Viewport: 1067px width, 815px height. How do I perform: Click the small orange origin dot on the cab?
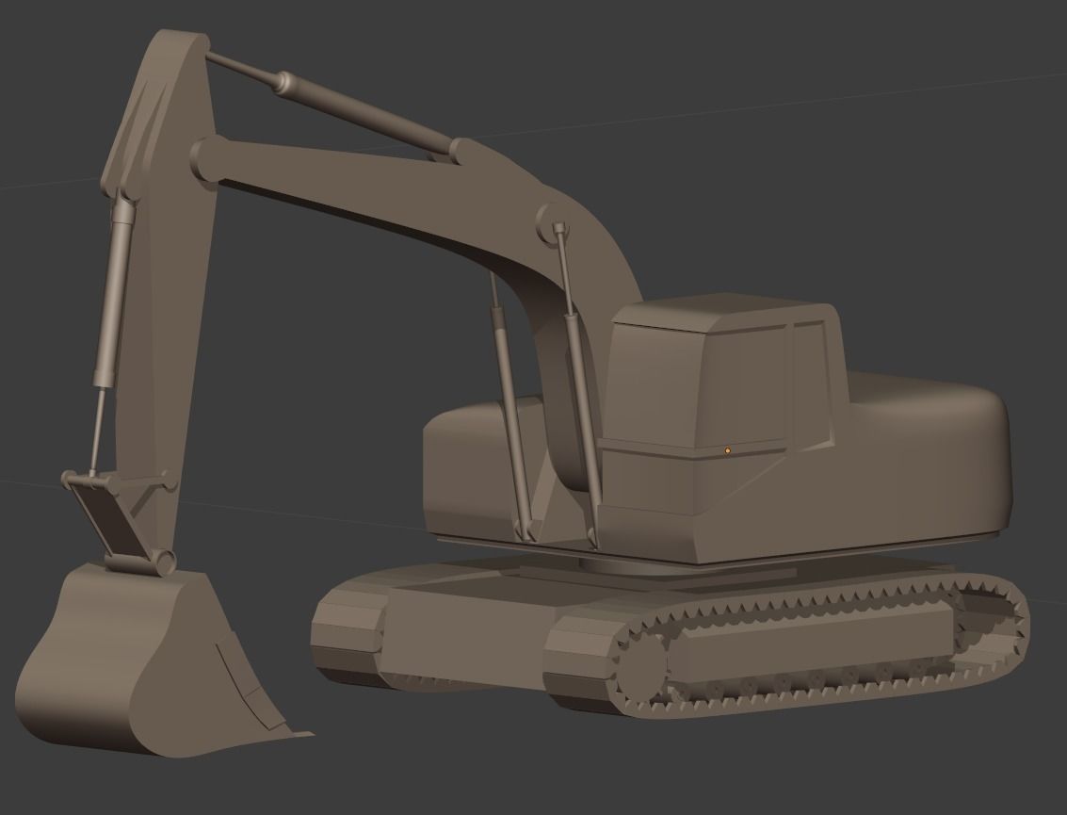[728, 451]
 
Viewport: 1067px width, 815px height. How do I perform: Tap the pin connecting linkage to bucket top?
[166, 562]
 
